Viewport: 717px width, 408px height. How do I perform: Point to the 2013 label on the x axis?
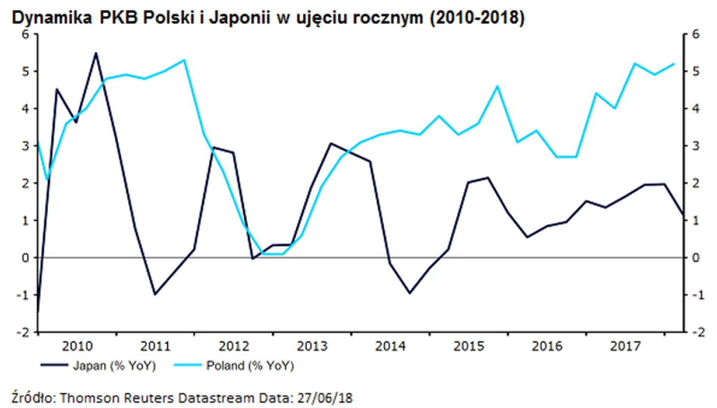312,347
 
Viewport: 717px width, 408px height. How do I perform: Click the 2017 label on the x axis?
625,347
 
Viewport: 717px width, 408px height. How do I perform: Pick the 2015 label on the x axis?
468,347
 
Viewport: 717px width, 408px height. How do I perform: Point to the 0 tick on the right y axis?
694,258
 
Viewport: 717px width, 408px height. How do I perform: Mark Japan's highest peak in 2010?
96,53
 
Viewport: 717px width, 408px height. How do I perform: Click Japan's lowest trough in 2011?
155,294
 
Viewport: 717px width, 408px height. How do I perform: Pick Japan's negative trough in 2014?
409,293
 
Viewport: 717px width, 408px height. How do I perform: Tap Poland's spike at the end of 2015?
497,86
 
